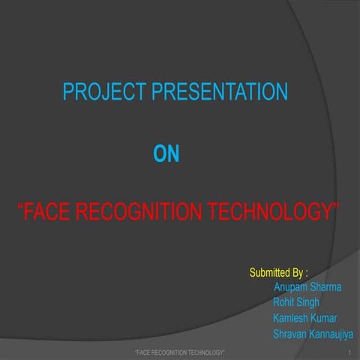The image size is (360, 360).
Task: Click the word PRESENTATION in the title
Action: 220,93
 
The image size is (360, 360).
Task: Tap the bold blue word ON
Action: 166,155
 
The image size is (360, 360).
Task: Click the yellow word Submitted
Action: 270,271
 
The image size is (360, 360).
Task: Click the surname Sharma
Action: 332,287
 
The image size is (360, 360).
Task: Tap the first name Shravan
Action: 292,334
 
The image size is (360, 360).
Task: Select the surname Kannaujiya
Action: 334,334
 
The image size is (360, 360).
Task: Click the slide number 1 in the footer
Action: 350,352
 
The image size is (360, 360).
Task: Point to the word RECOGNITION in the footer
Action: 169,352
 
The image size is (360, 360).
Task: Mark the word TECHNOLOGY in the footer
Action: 206,352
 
